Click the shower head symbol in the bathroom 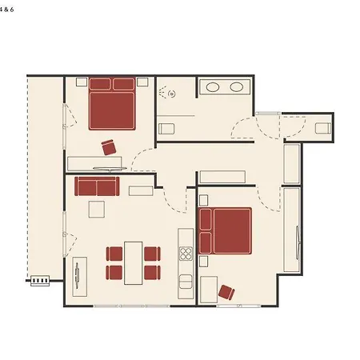(172, 94)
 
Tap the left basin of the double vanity (213, 87)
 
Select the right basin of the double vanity (236, 87)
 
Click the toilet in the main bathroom (166, 129)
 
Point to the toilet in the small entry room (323, 128)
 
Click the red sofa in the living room (97, 186)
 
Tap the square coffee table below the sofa (97, 210)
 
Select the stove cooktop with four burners (186, 254)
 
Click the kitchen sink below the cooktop (186, 282)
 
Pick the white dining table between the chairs (134, 263)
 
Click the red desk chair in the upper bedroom (109, 147)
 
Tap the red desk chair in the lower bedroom (226, 292)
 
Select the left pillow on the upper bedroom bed (100, 84)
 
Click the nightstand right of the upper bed (142, 82)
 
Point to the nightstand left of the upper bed (82, 82)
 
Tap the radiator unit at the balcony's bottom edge (40, 281)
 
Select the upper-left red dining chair (114, 254)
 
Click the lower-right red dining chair (153, 273)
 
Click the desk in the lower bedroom (209, 290)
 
